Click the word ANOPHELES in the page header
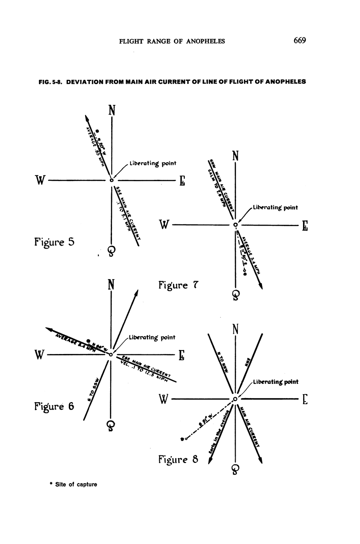click(204, 41)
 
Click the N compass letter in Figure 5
click(112, 110)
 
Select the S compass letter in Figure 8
click(235, 470)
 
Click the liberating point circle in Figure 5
click(112, 180)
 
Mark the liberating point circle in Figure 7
click(236, 225)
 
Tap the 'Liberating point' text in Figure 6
click(152, 337)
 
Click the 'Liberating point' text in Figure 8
click(276, 382)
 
